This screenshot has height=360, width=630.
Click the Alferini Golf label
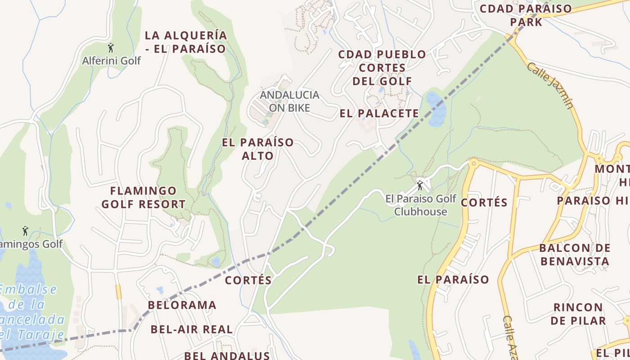111,60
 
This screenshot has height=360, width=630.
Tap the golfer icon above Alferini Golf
111,47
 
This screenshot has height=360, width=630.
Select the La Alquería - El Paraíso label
185,42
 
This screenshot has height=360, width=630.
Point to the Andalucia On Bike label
289,101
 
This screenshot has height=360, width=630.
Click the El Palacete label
379,113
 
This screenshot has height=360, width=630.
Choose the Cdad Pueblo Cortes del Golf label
382,67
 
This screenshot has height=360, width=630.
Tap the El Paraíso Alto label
257,149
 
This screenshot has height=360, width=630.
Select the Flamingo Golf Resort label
143,198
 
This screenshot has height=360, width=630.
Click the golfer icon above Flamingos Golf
25,231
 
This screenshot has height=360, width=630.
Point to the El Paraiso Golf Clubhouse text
421,205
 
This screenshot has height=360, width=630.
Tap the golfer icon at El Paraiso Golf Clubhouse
420,185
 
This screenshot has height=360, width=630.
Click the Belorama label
182,305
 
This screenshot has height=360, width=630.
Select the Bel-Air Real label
192,329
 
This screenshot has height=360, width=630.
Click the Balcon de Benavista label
575,254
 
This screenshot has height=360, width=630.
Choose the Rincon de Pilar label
578,314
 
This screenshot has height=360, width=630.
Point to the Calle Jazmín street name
550,85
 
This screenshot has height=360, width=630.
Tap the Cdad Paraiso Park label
526,15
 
